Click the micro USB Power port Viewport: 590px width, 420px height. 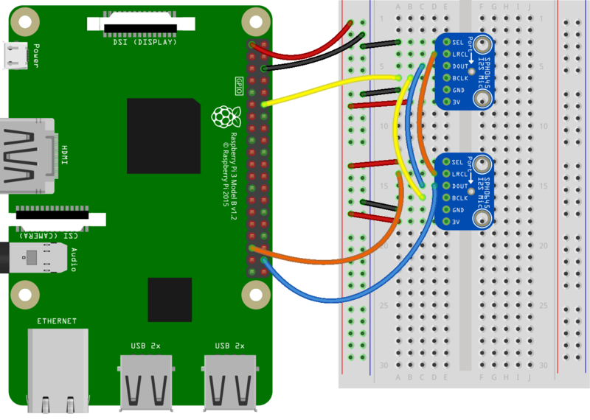(15, 55)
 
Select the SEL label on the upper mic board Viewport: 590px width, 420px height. (457, 42)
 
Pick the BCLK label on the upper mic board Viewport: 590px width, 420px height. (459, 78)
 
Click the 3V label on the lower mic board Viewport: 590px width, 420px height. (456, 222)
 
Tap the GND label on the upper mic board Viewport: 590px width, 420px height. (458, 90)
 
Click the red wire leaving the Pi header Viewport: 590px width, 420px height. (310, 52)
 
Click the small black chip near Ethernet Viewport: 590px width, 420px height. (169, 299)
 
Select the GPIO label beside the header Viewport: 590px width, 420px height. (239, 84)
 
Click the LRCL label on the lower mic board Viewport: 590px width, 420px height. (459, 174)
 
